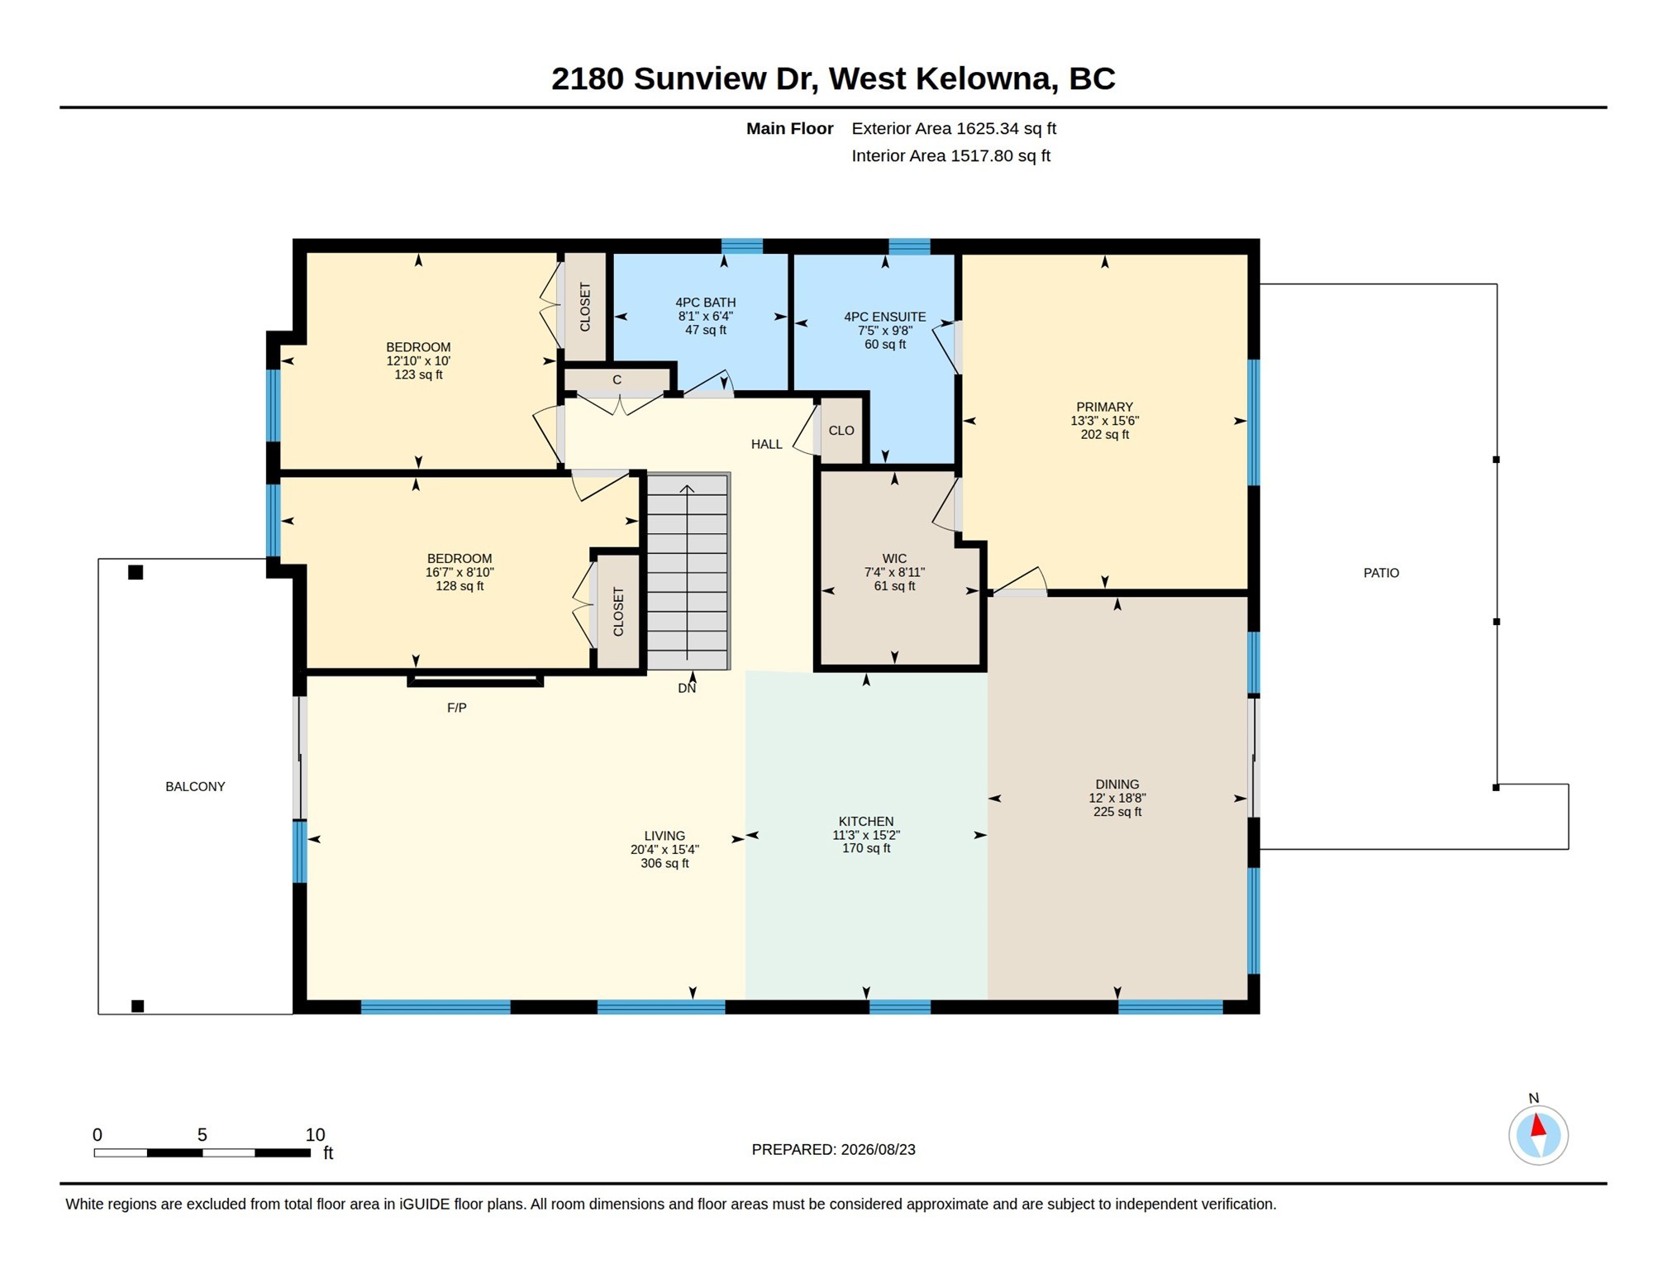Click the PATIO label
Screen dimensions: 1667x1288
(x=1380, y=573)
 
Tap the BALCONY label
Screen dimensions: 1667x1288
(x=195, y=786)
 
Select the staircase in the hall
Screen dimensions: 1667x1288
(x=688, y=571)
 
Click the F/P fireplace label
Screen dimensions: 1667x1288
(x=456, y=708)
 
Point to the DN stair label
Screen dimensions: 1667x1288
(x=687, y=688)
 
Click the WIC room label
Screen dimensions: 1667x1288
(x=894, y=559)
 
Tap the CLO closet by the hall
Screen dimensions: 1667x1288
(x=841, y=431)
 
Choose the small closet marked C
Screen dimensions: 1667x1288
(x=617, y=380)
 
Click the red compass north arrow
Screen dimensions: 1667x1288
(x=1537, y=1126)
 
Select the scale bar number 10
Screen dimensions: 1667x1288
(x=315, y=1134)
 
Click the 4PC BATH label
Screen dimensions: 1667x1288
(x=705, y=303)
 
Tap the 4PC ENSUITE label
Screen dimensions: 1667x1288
(x=884, y=317)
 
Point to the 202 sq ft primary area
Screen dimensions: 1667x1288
(x=1104, y=434)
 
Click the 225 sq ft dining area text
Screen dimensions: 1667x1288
(x=1117, y=812)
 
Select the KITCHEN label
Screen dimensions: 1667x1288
(x=866, y=821)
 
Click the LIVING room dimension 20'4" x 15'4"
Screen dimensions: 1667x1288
(x=664, y=849)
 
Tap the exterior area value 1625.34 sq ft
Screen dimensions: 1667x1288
(x=1006, y=128)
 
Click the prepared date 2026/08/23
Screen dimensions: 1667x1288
(x=878, y=1149)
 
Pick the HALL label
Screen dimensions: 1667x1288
(x=766, y=444)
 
